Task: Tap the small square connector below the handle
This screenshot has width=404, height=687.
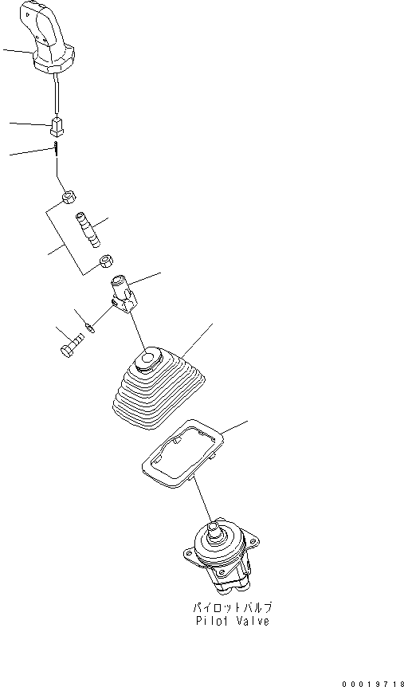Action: coord(57,125)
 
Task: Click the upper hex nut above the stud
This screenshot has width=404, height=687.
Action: coord(69,195)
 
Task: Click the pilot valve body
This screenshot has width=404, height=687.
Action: coord(223,562)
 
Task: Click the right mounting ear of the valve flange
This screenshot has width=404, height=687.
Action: coord(253,542)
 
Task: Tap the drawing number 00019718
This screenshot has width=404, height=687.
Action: coord(371,682)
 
